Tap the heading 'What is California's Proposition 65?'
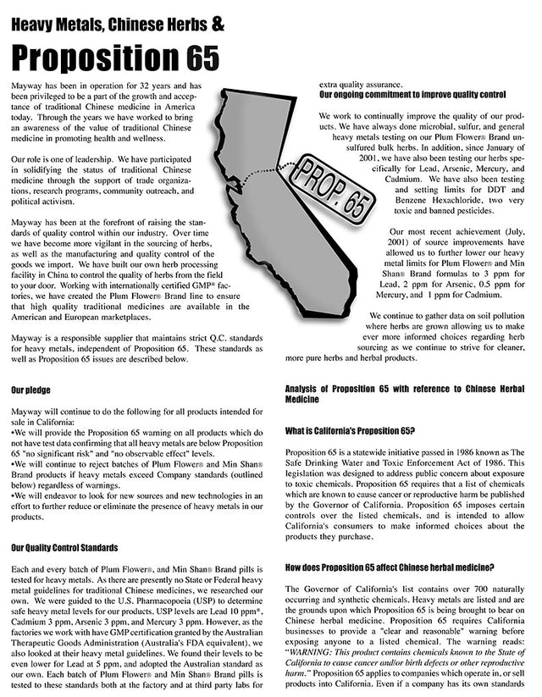tap(349, 430)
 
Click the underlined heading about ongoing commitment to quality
tap(412, 95)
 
